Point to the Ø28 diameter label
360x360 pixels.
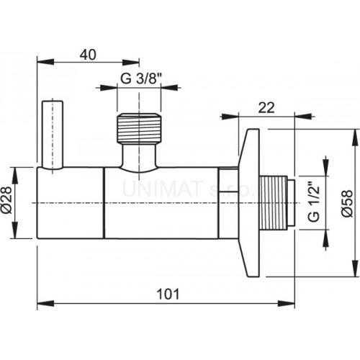(19, 204)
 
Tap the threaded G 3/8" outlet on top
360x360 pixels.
(139, 129)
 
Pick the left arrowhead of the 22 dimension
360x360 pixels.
(224, 114)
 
